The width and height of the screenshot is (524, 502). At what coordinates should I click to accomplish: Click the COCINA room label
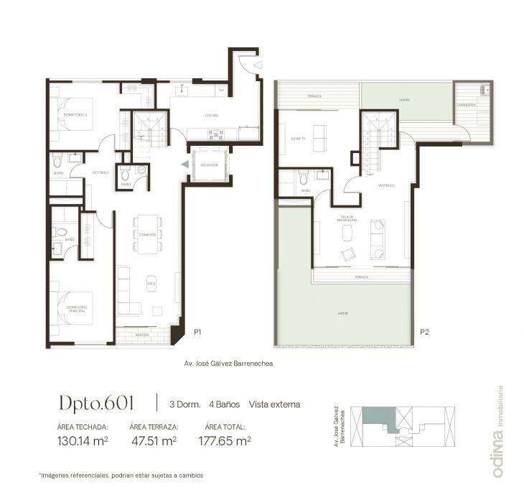[x=211, y=115]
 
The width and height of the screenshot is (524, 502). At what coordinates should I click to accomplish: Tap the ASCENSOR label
[x=210, y=164]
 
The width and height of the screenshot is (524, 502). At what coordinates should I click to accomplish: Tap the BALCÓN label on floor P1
[x=141, y=335]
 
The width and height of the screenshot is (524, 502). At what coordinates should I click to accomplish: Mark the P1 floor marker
[x=198, y=332]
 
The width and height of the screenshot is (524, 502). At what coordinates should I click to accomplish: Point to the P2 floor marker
[x=424, y=332]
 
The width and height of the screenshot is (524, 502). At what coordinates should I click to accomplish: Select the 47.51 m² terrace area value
[x=153, y=441]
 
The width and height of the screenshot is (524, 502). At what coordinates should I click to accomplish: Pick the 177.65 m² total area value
[x=224, y=441]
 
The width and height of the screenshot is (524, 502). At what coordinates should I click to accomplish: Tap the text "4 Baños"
[x=224, y=404]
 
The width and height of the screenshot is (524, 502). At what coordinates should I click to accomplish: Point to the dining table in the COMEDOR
[x=148, y=235]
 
